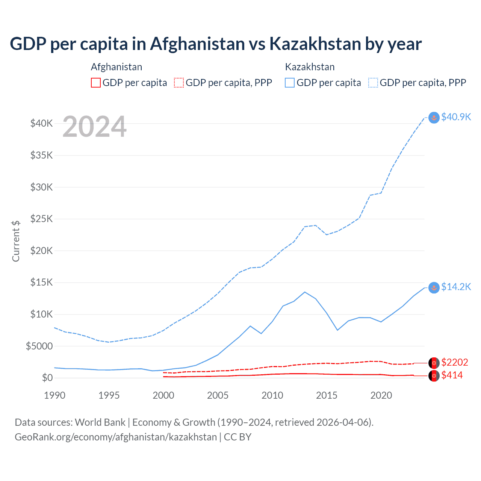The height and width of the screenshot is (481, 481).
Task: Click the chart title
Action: click(216, 44)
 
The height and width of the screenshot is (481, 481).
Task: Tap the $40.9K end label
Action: click(456, 117)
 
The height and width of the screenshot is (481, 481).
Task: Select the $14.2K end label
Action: click(456, 287)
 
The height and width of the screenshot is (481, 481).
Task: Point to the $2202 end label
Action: click(454, 363)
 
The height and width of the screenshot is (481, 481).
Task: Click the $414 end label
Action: click(452, 375)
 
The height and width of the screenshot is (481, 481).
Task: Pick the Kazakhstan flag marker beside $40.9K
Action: click(434, 118)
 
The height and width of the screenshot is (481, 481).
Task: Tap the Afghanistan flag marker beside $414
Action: click(434, 376)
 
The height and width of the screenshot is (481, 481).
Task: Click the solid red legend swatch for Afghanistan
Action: click(96, 83)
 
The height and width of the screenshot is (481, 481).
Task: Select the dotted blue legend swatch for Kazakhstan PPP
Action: click(373, 83)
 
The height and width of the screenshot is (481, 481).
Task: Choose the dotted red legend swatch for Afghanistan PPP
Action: click(179, 83)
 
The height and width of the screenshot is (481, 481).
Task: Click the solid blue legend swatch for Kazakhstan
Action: click(290, 83)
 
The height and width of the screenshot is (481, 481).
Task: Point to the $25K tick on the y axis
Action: click(42, 219)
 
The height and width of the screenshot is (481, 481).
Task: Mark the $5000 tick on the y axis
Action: click(39, 346)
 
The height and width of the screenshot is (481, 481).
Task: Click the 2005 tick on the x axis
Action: click(218, 395)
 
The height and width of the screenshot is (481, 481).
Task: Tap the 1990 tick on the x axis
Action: click(55, 395)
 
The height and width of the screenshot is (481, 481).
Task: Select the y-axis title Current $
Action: click(16, 241)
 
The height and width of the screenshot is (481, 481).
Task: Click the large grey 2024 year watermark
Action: click(95, 127)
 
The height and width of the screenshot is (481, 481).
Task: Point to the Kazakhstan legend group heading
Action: click(310, 67)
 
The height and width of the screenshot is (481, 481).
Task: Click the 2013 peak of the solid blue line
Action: click(305, 292)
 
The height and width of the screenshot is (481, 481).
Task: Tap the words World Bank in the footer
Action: click(100, 422)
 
